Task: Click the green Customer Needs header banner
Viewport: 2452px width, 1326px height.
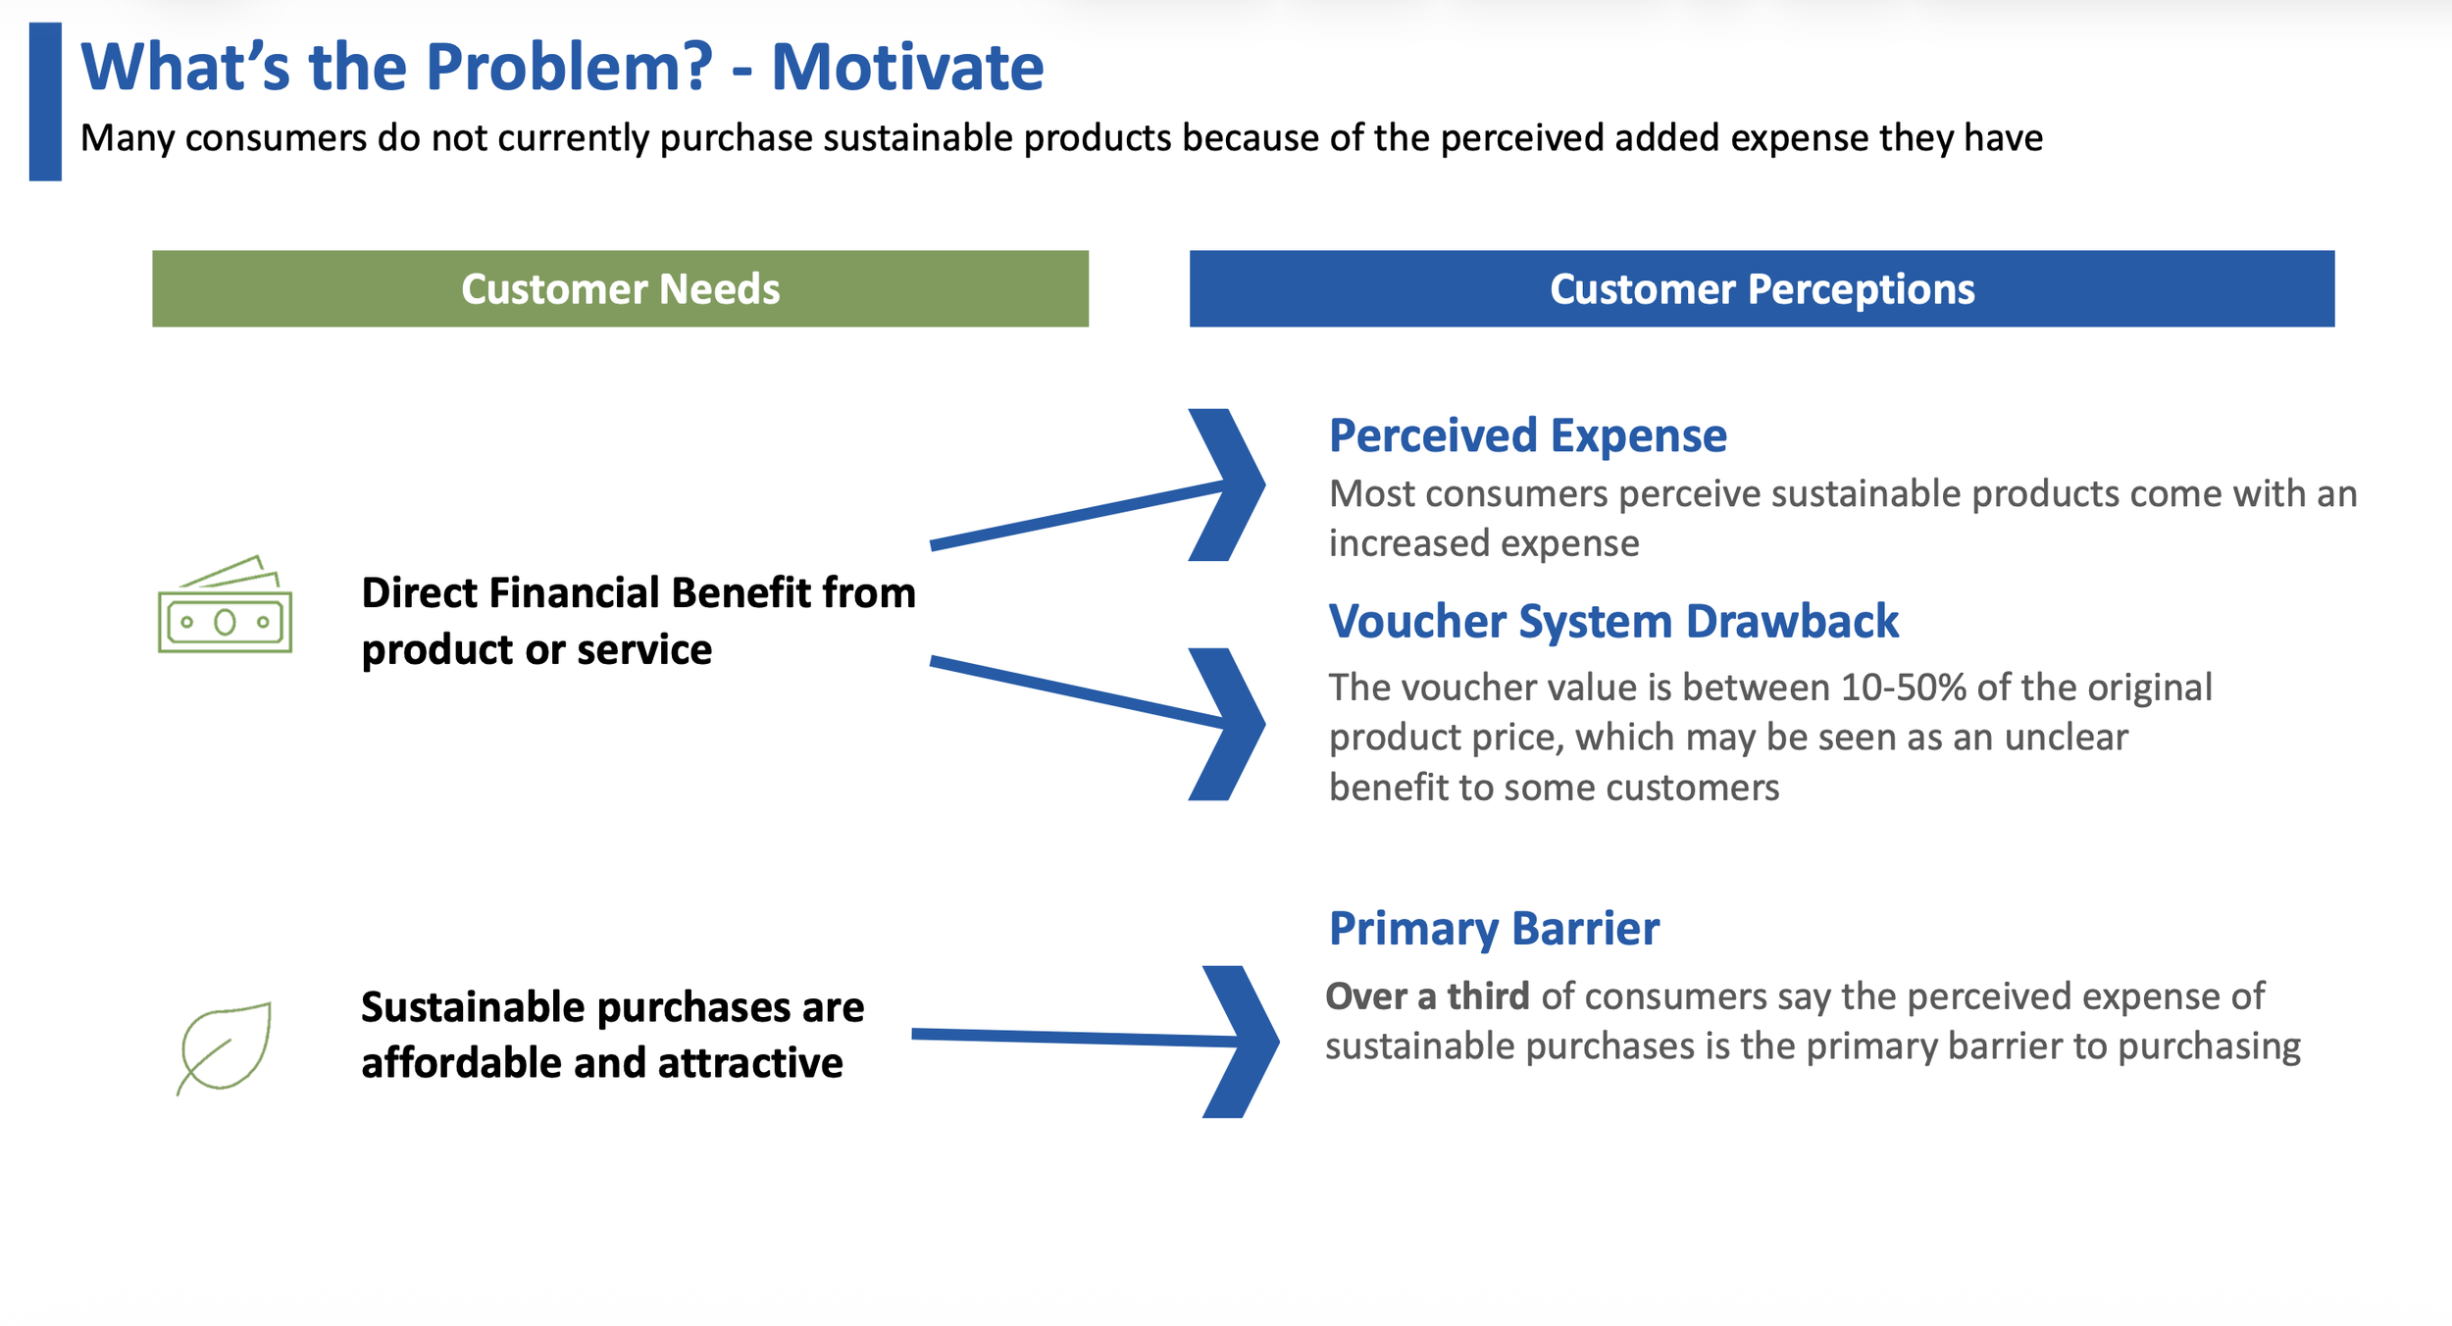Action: pyautogui.click(x=620, y=288)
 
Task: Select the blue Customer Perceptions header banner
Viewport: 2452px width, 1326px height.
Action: pyautogui.click(x=1762, y=288)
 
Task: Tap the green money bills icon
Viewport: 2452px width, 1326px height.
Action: pyautogui.click(x=225, y=605)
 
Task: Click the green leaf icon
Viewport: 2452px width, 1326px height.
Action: pyautogui.click(x=225, y=1047)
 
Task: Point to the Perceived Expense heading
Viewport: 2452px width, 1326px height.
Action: pyautogui.click(x=1527, y=435)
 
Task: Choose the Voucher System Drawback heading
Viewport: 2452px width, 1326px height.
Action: pyautogui.click(x=1613, y=622)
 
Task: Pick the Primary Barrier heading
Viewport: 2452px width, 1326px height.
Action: pyautogui.click(x=1494, y=929)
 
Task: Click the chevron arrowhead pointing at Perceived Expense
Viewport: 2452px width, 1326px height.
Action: pyautogui.click(x=1230, y=484)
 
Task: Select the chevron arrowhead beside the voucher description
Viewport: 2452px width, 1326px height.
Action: pyautogui.click(x=1230, y=724)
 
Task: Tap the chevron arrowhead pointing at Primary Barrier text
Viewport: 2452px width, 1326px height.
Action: pyautogui.click(x=1244, y=1042)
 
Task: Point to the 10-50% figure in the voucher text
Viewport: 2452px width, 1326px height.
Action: pyautogui.click(x=1903, y=688)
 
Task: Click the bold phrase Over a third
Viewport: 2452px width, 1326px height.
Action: pyautogui.click(x=1427, y=996)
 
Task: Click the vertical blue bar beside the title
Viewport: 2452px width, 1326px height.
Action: pyautogui.click(x=45, y=102)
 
